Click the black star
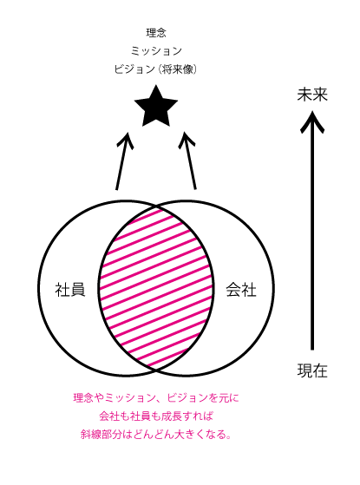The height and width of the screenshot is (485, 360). pos(156,107)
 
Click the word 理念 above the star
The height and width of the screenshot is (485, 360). pos(156,33)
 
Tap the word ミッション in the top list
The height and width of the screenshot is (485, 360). pos(156,50)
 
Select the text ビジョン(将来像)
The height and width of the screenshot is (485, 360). pos(155,69)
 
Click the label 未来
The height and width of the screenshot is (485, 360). pos(312,95)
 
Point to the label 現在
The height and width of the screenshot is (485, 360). pos(312,370)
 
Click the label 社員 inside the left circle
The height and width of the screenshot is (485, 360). pos(70,290)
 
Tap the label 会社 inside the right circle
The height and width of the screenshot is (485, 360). pos(241,290)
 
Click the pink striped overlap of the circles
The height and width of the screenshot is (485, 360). pos(156,288)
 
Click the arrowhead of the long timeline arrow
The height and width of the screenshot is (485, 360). pos(312,121)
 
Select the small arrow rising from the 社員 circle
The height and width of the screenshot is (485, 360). pos(123,161)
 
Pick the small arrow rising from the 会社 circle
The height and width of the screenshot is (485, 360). pos(188,161)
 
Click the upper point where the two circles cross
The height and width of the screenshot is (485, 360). pos(156,206)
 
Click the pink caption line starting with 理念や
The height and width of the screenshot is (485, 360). pos(156,397)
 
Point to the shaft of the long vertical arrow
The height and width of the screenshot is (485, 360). pos(312,235)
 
